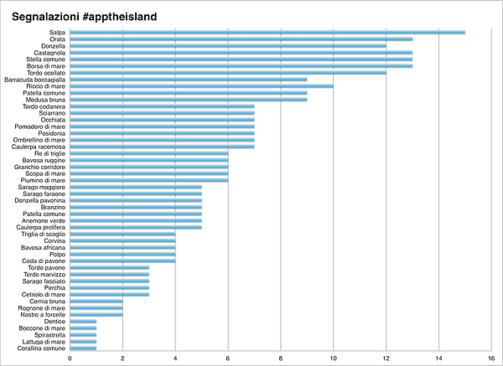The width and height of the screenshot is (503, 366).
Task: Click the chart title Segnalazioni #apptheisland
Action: click(x=85, y=17)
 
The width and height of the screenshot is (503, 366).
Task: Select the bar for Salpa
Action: click(x=267, y=32)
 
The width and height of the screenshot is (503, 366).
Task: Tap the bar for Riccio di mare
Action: click(x=202, y=86)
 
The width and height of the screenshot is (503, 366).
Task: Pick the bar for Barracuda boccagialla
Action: click(x=189, y=80)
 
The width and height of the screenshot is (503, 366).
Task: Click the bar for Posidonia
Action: click(x=163, y=133)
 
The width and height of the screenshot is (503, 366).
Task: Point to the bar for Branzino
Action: click(x=136, y=207)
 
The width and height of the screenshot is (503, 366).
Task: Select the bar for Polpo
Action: click(x=123, y=254)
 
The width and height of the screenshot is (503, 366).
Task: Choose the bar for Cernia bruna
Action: click(x=96, y=302)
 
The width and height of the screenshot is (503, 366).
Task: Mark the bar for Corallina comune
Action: click(x=83, y=348)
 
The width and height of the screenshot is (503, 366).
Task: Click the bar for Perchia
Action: click(x=109, y=288)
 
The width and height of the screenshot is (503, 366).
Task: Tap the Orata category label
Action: click(x=57, y=39)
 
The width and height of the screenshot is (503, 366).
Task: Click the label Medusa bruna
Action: click(x=49, y=100)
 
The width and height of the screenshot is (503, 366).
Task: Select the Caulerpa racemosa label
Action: click(x=39, y=147)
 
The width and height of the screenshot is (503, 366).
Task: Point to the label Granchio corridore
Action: click(x=39, y=167)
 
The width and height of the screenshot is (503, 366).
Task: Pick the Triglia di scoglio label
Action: click(x=44, y=235)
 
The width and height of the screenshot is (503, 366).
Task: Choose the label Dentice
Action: click(x=54, y=322)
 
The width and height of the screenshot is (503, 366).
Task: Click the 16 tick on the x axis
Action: click(x=491, y=358)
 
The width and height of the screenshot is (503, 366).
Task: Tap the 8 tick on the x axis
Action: click(x=281, y=358)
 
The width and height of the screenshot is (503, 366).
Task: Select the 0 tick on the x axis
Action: click(x=70, y=358)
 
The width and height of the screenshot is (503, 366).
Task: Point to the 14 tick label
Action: click(x=438, y=358)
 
